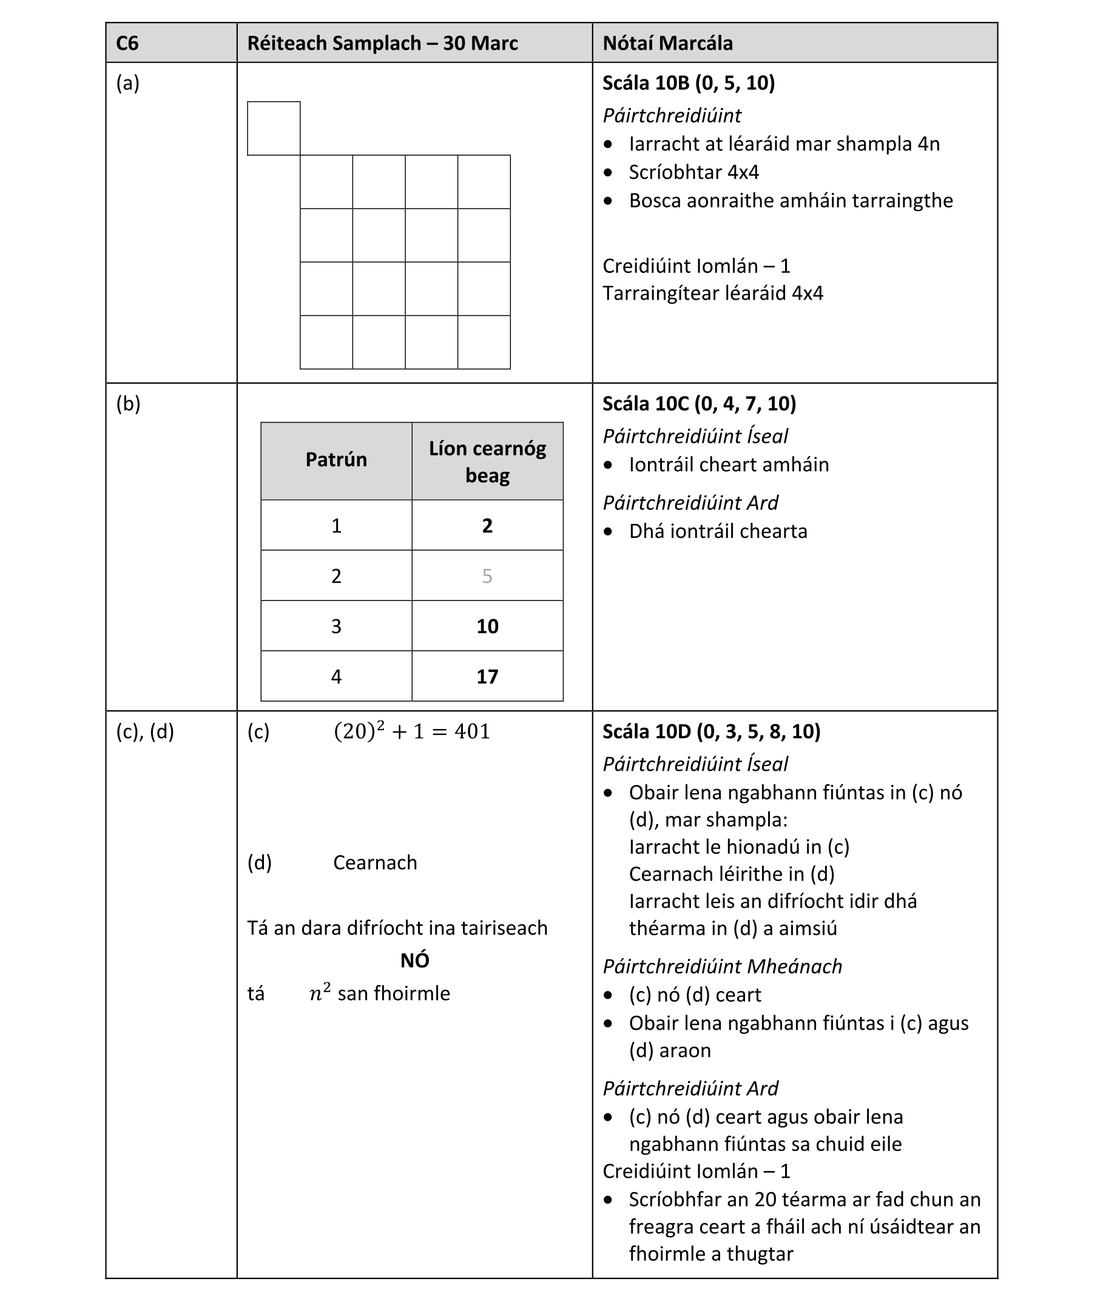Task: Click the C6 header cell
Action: click(127, 43)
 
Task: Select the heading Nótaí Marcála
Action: click(667, 43)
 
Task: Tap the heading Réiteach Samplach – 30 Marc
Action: click(382, 43)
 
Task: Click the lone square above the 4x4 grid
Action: click(274, 128)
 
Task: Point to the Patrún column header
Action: click(336, 460)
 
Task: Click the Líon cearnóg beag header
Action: click(487, 462)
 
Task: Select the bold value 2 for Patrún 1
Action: click(487, 526)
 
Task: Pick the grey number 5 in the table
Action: click(487, 576)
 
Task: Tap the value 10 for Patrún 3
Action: click(487, 626)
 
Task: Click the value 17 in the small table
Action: click(487, 676)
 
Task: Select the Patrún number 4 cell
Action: click(336, 676)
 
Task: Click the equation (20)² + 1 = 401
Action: click(412, 731)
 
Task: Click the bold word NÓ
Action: click(414, 961)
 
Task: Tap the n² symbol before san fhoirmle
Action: click(320, 993)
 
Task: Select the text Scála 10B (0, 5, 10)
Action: click(689, 83)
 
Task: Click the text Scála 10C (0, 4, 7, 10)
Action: click(699, 404)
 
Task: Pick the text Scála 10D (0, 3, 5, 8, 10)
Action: click(711, 731)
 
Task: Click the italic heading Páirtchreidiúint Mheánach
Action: click(722, 967)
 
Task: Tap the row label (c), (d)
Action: click(145, 731)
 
